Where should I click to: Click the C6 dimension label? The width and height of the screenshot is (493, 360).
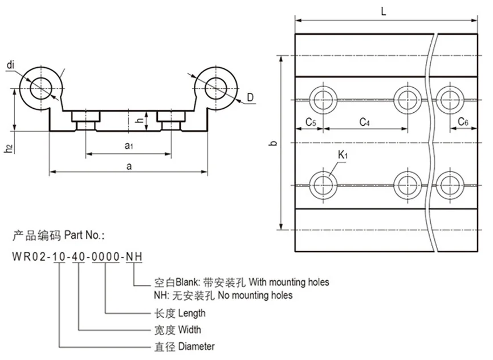point(463,122)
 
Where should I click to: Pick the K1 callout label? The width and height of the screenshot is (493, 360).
point(343,155)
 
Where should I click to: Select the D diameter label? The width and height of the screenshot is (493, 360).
point(251,99)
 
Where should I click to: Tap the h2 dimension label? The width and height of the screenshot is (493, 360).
point(8,149)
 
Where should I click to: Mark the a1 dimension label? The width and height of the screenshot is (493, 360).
point(129,146)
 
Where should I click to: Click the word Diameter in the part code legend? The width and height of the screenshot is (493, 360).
point(196,346)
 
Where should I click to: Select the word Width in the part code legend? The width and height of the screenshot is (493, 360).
point(189,329)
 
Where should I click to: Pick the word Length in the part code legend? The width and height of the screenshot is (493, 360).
point(192,313)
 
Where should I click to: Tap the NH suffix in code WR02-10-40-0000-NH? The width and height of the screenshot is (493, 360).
point(133,257)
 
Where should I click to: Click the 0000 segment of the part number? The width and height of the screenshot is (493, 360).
point(105,257)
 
